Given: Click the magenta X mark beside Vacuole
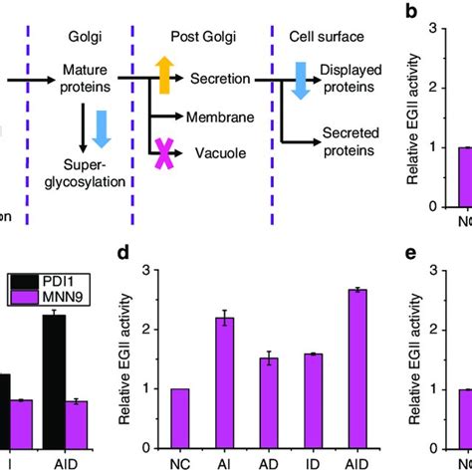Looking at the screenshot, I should [x=162, y=152].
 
